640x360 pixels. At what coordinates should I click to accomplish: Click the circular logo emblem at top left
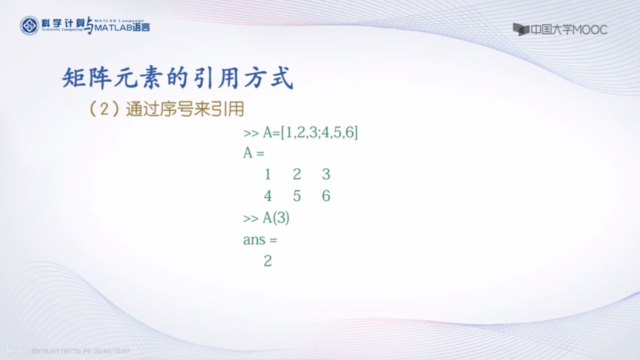(29, 26)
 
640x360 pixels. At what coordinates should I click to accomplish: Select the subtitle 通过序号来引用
(185, 109)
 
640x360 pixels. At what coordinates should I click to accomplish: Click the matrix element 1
(267, 174)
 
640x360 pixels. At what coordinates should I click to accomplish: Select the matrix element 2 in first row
(297, 174)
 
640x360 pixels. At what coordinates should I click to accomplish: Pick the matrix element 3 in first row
(326, 174)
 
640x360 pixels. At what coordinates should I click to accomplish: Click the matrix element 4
(267, 196)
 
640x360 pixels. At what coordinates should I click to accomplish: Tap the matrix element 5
(297, 196)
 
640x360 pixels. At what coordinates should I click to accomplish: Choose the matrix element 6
(326, 196)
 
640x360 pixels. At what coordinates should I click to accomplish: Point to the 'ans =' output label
(260, 240)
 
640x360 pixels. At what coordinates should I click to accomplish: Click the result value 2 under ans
(268, 261)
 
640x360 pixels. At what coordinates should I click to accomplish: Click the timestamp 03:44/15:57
(112, 351)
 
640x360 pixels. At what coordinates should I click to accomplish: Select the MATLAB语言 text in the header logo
(122, 27)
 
